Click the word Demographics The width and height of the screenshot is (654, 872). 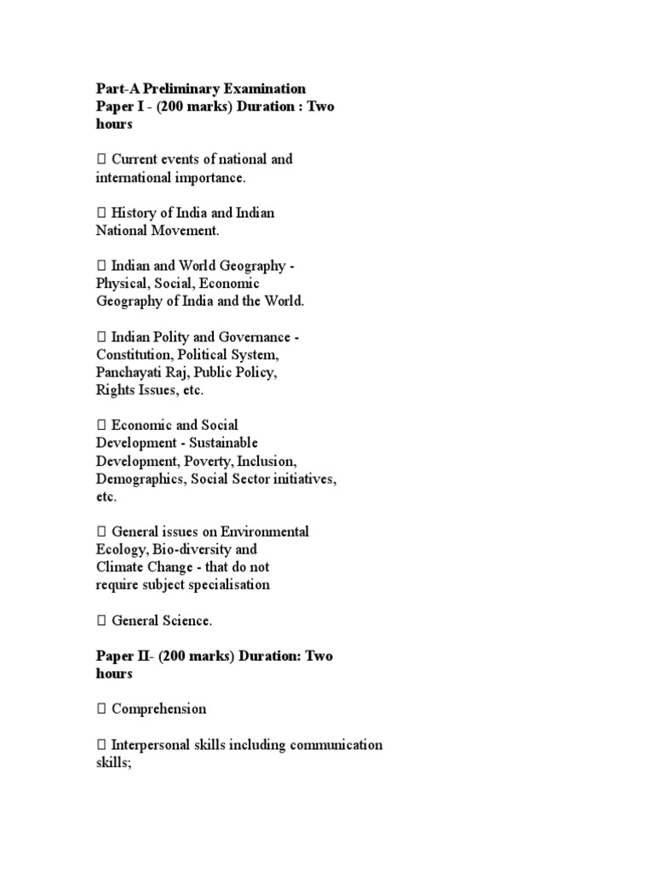click(139, 479)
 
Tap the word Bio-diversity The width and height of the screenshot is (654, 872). click(184, 549)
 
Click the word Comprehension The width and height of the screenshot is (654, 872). click(159, 709)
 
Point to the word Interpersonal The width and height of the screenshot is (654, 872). click(152, 745)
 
